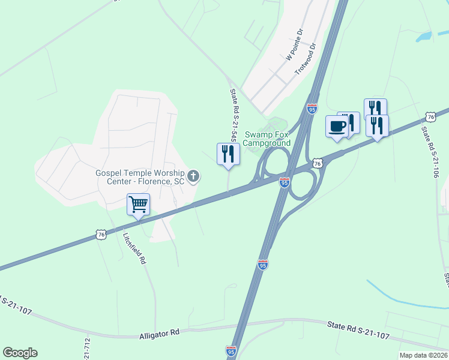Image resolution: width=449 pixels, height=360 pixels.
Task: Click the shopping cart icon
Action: [x=138, y=205]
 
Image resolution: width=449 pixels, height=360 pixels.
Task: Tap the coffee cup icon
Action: [x=337, y=127]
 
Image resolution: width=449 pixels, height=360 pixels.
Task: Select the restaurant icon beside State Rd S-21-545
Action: [x=228, y=154]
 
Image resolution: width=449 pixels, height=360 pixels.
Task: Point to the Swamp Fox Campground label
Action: [x=268, y=139]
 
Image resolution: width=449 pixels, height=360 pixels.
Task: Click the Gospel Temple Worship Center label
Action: [x=141, y=177]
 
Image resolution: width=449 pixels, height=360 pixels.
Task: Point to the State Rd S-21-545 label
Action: [x=234, y=115]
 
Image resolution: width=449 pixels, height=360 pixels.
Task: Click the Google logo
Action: [x=20, y=353]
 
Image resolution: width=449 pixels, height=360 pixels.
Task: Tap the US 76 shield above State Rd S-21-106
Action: [x=429, y=116]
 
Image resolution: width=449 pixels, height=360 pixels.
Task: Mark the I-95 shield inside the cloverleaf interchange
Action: [x=285, y=181]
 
